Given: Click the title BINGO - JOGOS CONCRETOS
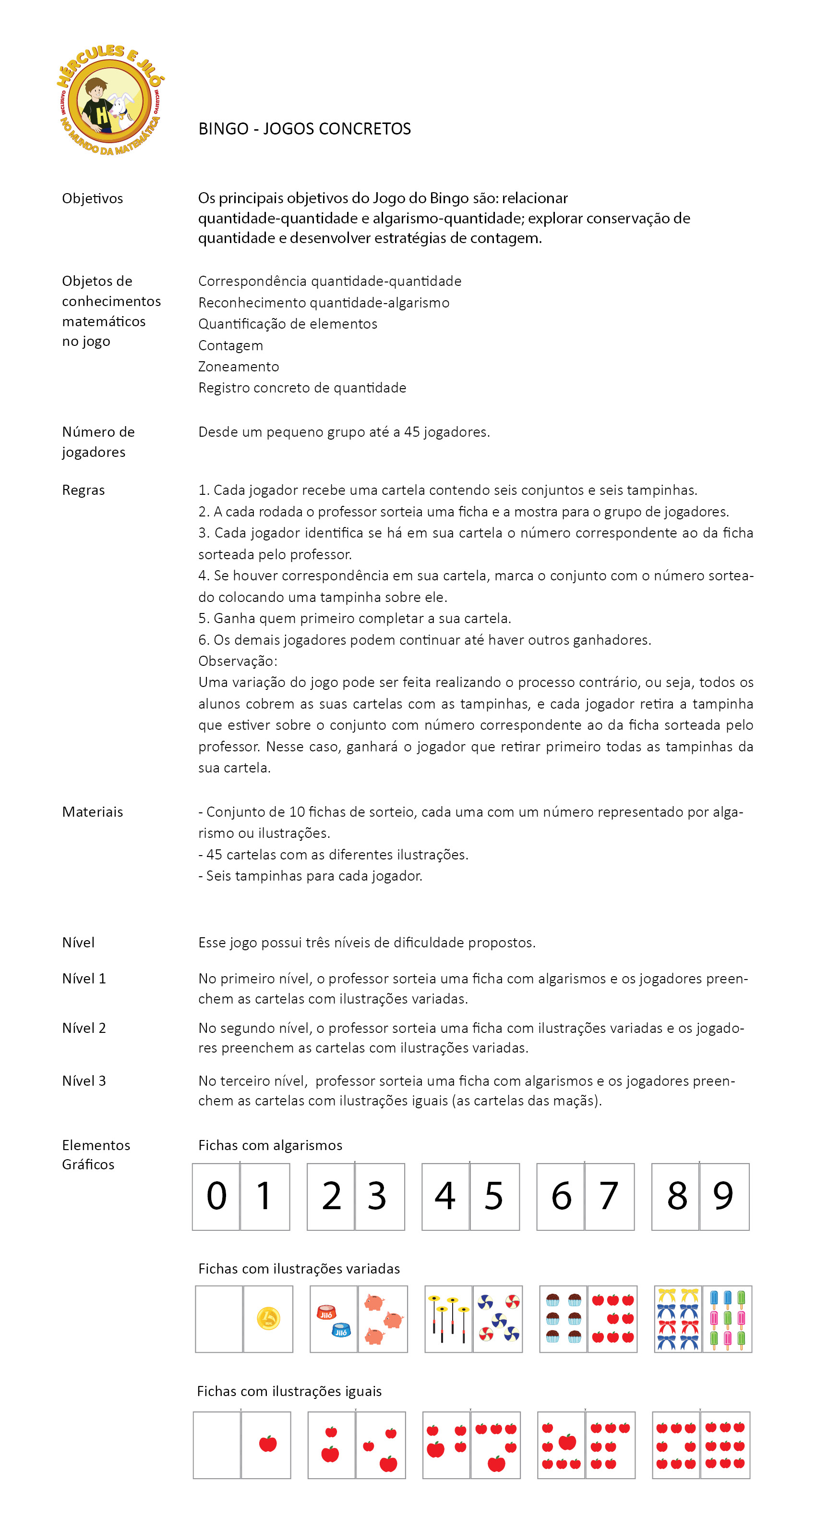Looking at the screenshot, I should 304,129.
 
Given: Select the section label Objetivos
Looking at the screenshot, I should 92,198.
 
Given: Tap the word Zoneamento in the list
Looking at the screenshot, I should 239,367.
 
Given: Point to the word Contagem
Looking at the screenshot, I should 230,345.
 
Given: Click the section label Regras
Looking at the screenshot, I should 83,490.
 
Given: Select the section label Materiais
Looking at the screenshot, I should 92,812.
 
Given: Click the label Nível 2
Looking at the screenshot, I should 84,1028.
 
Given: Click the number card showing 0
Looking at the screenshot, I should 216,1197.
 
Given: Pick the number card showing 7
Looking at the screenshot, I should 609,1197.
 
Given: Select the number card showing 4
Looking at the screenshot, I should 445,1197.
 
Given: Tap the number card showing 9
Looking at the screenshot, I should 724,1197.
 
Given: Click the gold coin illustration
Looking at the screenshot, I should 268,1319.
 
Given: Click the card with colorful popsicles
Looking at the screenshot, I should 727,1319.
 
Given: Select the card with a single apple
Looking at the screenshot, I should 266,1445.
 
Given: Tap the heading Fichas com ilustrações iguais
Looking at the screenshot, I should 289,1391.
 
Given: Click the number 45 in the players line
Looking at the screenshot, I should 411,432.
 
